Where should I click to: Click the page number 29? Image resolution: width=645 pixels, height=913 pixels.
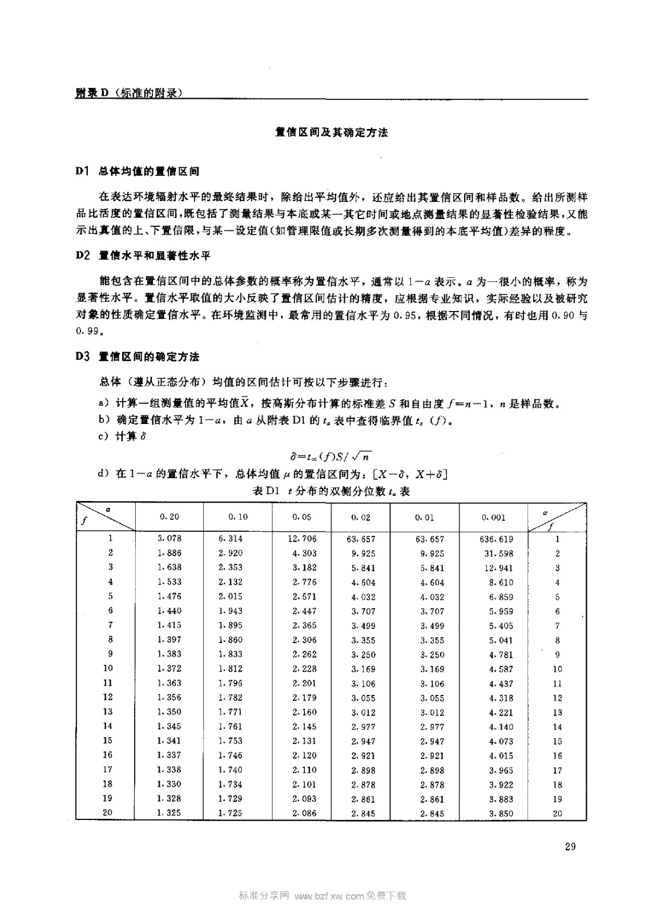570,846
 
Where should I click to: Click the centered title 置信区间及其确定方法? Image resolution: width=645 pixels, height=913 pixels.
331,132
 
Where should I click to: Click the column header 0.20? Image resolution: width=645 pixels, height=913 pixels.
169,516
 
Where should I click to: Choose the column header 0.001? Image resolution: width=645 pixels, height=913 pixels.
493,518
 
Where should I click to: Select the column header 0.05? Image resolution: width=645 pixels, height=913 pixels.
301,517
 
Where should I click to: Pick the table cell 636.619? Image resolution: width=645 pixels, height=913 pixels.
497,539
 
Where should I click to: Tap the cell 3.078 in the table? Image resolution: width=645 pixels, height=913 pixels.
169,538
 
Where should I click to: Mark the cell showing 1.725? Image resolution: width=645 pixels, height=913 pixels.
231,813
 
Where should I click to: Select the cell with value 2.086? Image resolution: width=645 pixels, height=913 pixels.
304,813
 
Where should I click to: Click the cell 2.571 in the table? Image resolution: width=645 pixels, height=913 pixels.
304,596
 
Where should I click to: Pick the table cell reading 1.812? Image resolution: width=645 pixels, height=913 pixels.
231,668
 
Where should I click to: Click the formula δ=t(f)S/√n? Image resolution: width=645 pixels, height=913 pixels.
331,456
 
